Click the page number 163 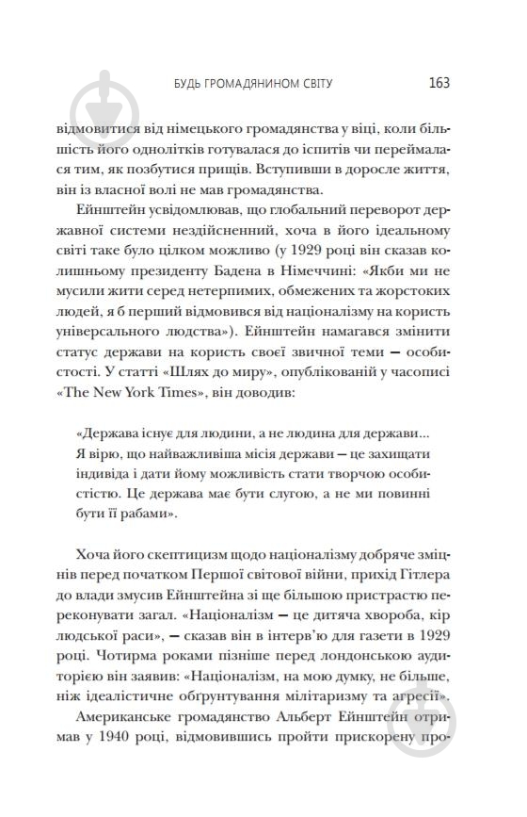pos(438,82)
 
